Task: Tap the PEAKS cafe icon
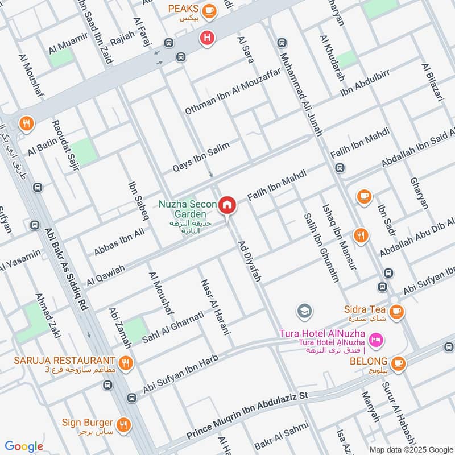[x=210, y=9]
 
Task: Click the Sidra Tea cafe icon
[x=396, y=311]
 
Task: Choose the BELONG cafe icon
[x=398, y=362]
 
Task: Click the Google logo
[x=24, y=446]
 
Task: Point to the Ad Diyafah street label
[x=249, y=259]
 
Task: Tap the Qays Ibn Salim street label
[x=201, y=157]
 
